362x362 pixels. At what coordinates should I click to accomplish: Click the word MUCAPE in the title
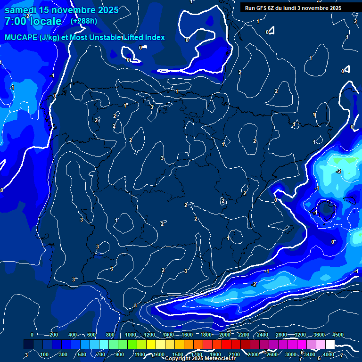pyautogui.click(x=20, y=38)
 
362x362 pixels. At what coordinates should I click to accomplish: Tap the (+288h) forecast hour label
pyautogui.click(x=84, y=21)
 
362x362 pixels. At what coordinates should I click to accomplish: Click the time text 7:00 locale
pyautogui.click(x=33, y=21)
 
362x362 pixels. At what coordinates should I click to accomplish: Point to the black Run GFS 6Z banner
pyautogui.click(x=293, y=8)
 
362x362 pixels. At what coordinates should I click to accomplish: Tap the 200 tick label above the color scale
pyautogui.click(x=53, y=335)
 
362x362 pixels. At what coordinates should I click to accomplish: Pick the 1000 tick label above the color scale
pyautogui.click(x=130, y=335)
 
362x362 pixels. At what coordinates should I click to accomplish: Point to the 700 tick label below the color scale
pyautogui.click(x=101, y=354)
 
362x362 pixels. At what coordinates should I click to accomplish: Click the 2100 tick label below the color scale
pyautogui.click(x=234, y=354)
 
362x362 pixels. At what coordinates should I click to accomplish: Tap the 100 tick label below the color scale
pyautogui.click(x=44, y=354)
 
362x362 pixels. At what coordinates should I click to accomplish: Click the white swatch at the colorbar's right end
pyautogui.click(x=329, y=345)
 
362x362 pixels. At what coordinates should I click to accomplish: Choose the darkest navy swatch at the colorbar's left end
pyautogui.click(x=28, y=345)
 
